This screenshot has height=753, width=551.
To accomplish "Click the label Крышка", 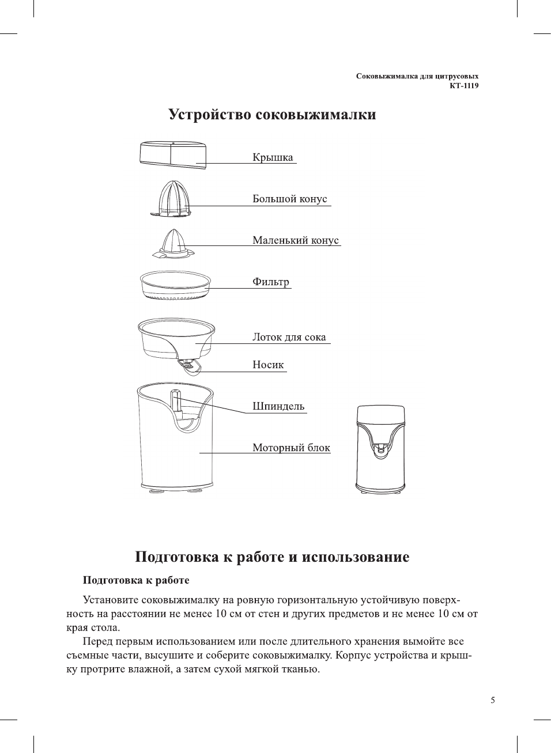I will tap(273, 157).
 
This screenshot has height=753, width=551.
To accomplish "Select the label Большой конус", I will tap(289, 199).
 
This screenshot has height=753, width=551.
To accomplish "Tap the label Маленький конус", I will tap(295, 240).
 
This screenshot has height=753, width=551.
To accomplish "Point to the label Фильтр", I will tap(270, 282).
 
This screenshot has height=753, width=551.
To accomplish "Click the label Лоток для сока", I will tap(289, 337).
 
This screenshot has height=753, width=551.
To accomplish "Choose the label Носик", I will tap(268, 365).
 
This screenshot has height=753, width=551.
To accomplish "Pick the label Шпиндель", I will tap(278, 406).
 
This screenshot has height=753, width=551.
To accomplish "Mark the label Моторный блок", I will tap(291, 448).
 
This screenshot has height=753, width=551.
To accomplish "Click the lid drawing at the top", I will tap(172, 155).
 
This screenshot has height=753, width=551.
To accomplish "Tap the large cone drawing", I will tap(171, 199).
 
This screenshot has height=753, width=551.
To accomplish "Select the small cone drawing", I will tap(173, 243).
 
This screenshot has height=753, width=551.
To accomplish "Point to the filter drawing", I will tap(175, 285).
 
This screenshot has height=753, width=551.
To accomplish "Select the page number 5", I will tap(492, 701).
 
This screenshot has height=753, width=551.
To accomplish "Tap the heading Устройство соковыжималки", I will tap(272, 115).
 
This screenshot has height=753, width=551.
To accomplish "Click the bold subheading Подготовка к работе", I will tap(136, 580).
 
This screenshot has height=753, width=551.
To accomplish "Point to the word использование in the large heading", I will tap(356, 557).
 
